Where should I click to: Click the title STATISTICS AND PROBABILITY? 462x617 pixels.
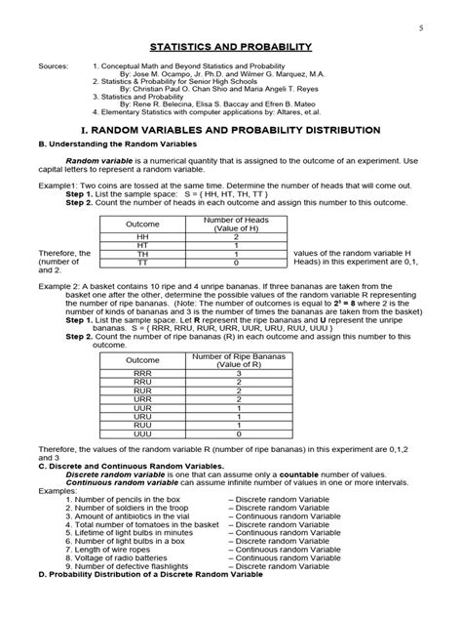click(x=230, y=46)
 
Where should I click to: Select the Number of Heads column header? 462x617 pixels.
click(x=236, y=224)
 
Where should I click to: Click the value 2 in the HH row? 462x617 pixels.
click(x=236, y=236)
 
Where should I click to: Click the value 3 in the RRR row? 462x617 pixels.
click(x=238, y=373)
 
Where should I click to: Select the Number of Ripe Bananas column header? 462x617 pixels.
click(x=238, y=360)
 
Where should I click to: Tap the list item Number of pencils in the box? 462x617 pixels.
click(x=129, y=499)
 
